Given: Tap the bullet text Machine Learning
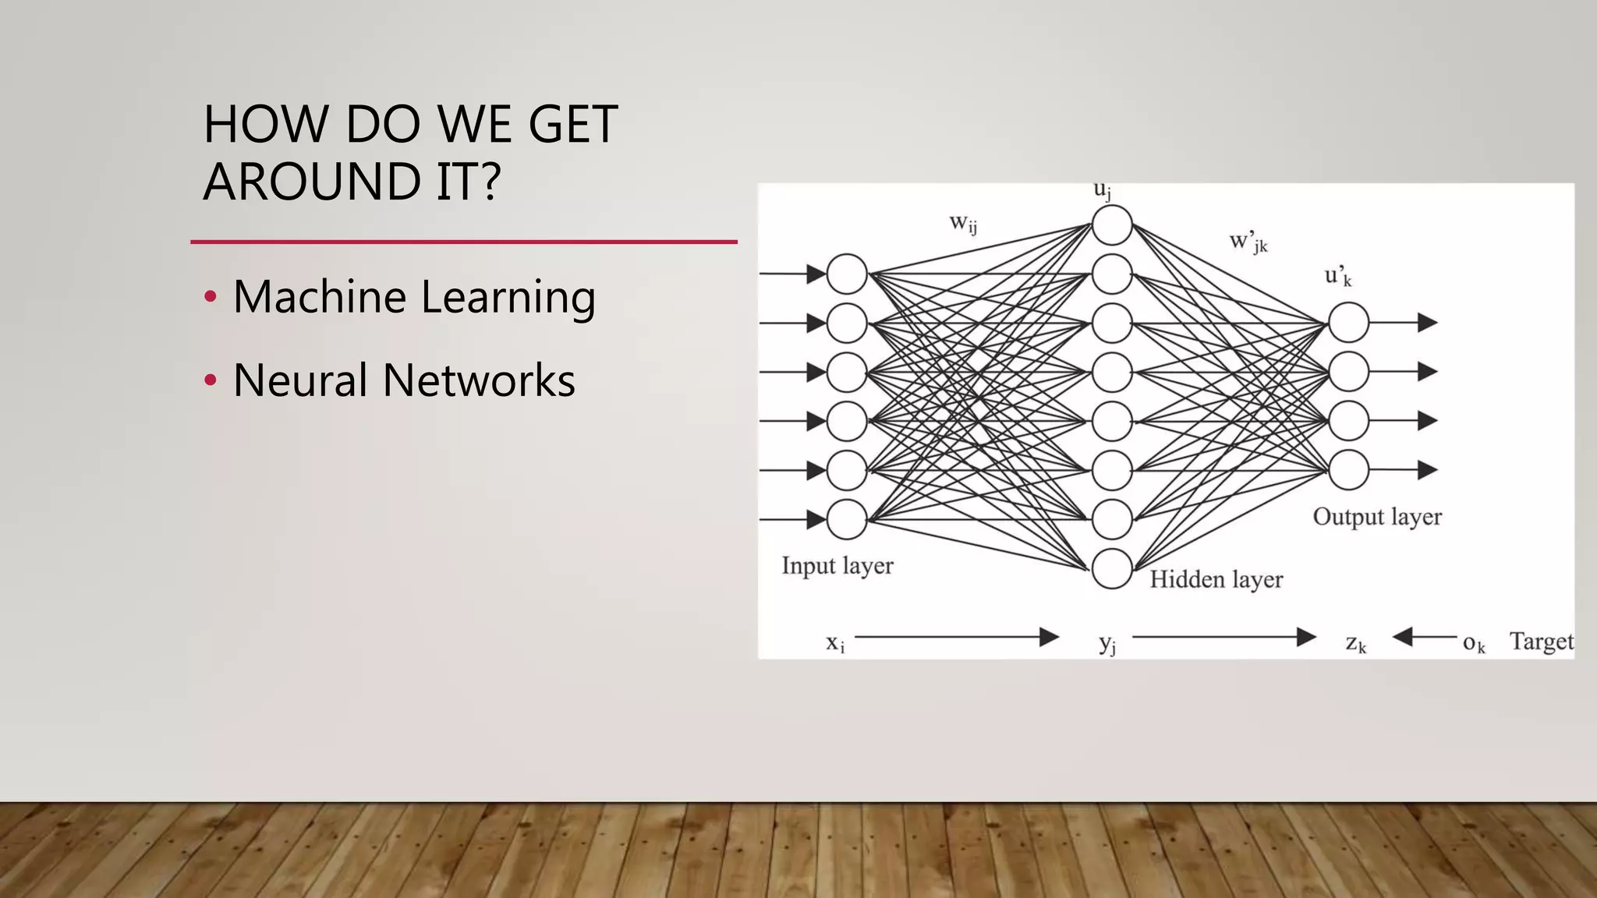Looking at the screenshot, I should coord(414,297).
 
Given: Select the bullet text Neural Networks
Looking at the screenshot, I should coord(404,380).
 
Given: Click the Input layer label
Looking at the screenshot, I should coord(837,565).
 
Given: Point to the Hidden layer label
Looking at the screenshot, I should coord(1216,579).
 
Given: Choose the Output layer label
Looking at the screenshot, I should coord(1377,517).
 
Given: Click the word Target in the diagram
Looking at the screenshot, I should coord(1541,642).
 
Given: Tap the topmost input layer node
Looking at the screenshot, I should coord(847,274).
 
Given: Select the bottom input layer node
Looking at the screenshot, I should coord(847,519).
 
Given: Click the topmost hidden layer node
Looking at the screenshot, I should coord(1112,225).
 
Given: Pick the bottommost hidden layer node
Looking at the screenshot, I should coord(1112,568).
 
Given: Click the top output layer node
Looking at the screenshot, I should coord(1348,322).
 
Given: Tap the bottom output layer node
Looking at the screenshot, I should coord(1348,470).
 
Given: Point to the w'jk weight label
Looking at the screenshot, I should coord(1248,242).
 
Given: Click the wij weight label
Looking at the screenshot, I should coord(963,224).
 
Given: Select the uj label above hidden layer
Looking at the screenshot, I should coord(1102,190).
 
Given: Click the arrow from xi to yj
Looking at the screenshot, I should coord(956,638).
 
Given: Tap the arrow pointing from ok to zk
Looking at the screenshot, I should coord(1424,638).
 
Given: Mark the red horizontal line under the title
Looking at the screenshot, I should coord(464,242).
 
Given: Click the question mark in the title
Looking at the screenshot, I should coord(489,181).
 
